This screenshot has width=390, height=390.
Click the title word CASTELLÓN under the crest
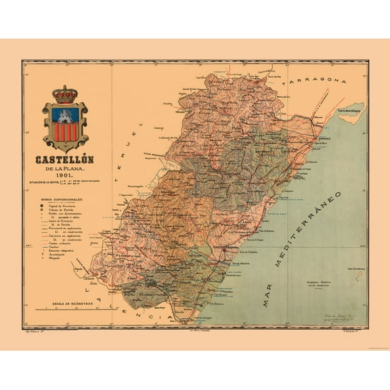coord(65,160)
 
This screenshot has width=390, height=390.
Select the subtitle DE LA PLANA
coord(65,171)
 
